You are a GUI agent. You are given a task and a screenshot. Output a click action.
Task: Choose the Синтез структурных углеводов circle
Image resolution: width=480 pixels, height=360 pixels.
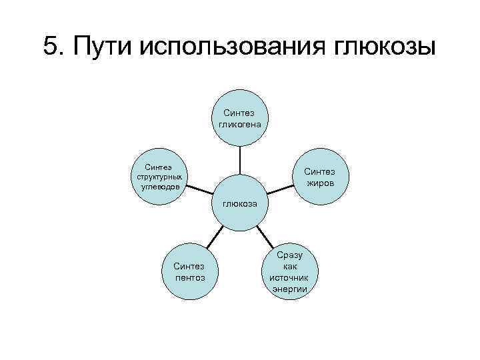point(159,176)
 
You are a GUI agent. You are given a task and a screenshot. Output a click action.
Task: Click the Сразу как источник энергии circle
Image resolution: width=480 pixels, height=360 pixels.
point(289,272)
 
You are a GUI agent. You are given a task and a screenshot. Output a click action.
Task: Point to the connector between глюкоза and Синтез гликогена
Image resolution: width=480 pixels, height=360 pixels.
point(240,161)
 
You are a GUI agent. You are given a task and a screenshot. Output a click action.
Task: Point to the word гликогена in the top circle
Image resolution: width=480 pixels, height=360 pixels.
point(240,125)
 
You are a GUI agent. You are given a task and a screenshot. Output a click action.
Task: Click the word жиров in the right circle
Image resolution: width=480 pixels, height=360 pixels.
point(320,183)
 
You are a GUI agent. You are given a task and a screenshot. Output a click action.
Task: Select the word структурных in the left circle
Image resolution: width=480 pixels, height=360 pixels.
point(159,177)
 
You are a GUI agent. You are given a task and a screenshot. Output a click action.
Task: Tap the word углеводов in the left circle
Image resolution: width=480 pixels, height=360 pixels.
point(159,186)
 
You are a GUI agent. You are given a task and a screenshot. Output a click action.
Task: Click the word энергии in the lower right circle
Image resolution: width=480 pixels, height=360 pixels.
point(289,289)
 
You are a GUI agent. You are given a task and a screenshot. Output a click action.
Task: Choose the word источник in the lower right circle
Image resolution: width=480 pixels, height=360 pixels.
point(289,278)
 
